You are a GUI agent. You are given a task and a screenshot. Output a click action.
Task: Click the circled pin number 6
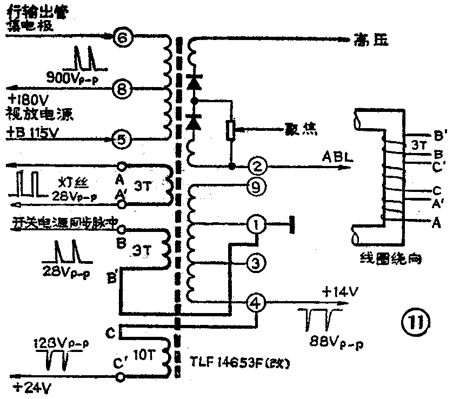point(123,38)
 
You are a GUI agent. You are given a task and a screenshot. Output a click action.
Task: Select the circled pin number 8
point(123,88)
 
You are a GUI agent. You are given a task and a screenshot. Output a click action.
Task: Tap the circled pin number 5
point(123,139)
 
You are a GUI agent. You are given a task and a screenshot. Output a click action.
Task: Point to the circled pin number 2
point(258,165)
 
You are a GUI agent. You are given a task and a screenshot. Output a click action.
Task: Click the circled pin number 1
point(257,223)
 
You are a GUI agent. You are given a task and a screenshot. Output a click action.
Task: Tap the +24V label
point(25,387)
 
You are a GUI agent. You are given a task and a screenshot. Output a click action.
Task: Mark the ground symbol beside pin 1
point(292,223)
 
